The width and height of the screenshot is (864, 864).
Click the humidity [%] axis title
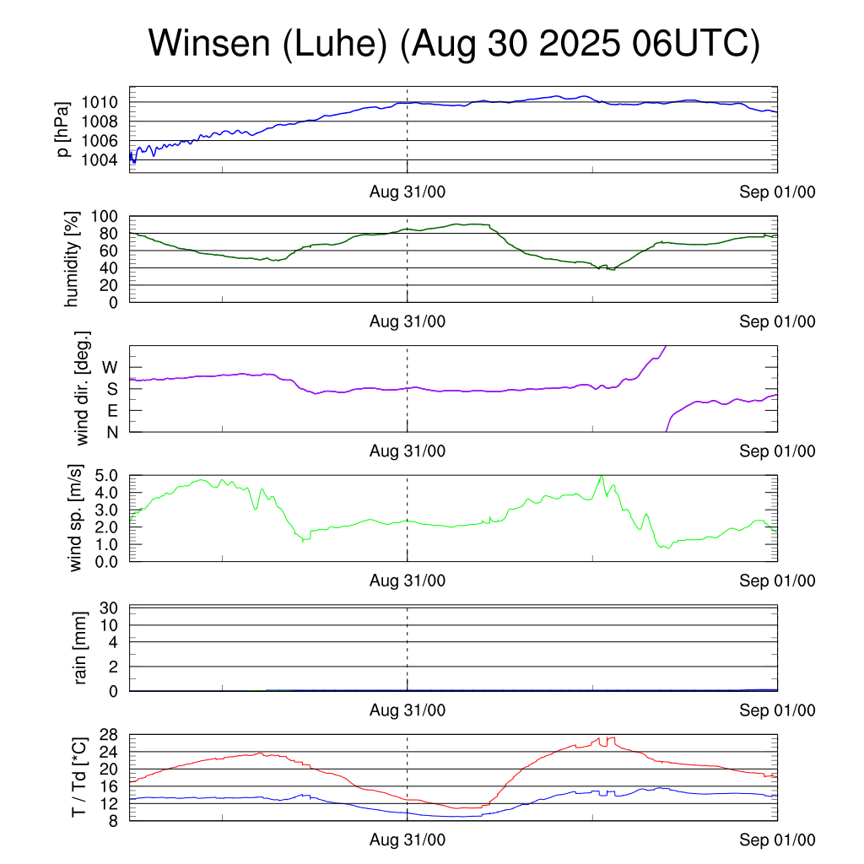click(x=72, y=259)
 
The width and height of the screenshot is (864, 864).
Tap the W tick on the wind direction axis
click(x=111, y=367)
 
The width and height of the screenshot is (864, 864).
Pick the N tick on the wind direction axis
click(x=112, y=432)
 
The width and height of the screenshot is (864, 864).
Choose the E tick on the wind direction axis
click(x=112, y=411)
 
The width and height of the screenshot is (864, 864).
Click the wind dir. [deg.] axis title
click(x=82, y=388)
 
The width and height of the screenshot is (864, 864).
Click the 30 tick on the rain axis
click(x=110, y=607)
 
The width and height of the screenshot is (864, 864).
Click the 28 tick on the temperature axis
click(x=110, y=735)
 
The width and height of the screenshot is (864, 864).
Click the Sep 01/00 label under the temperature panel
click(x=778, y=840)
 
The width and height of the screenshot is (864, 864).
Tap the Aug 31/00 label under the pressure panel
click(x=408, y=192)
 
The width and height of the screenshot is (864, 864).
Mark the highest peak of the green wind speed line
click(x=602, y=476)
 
